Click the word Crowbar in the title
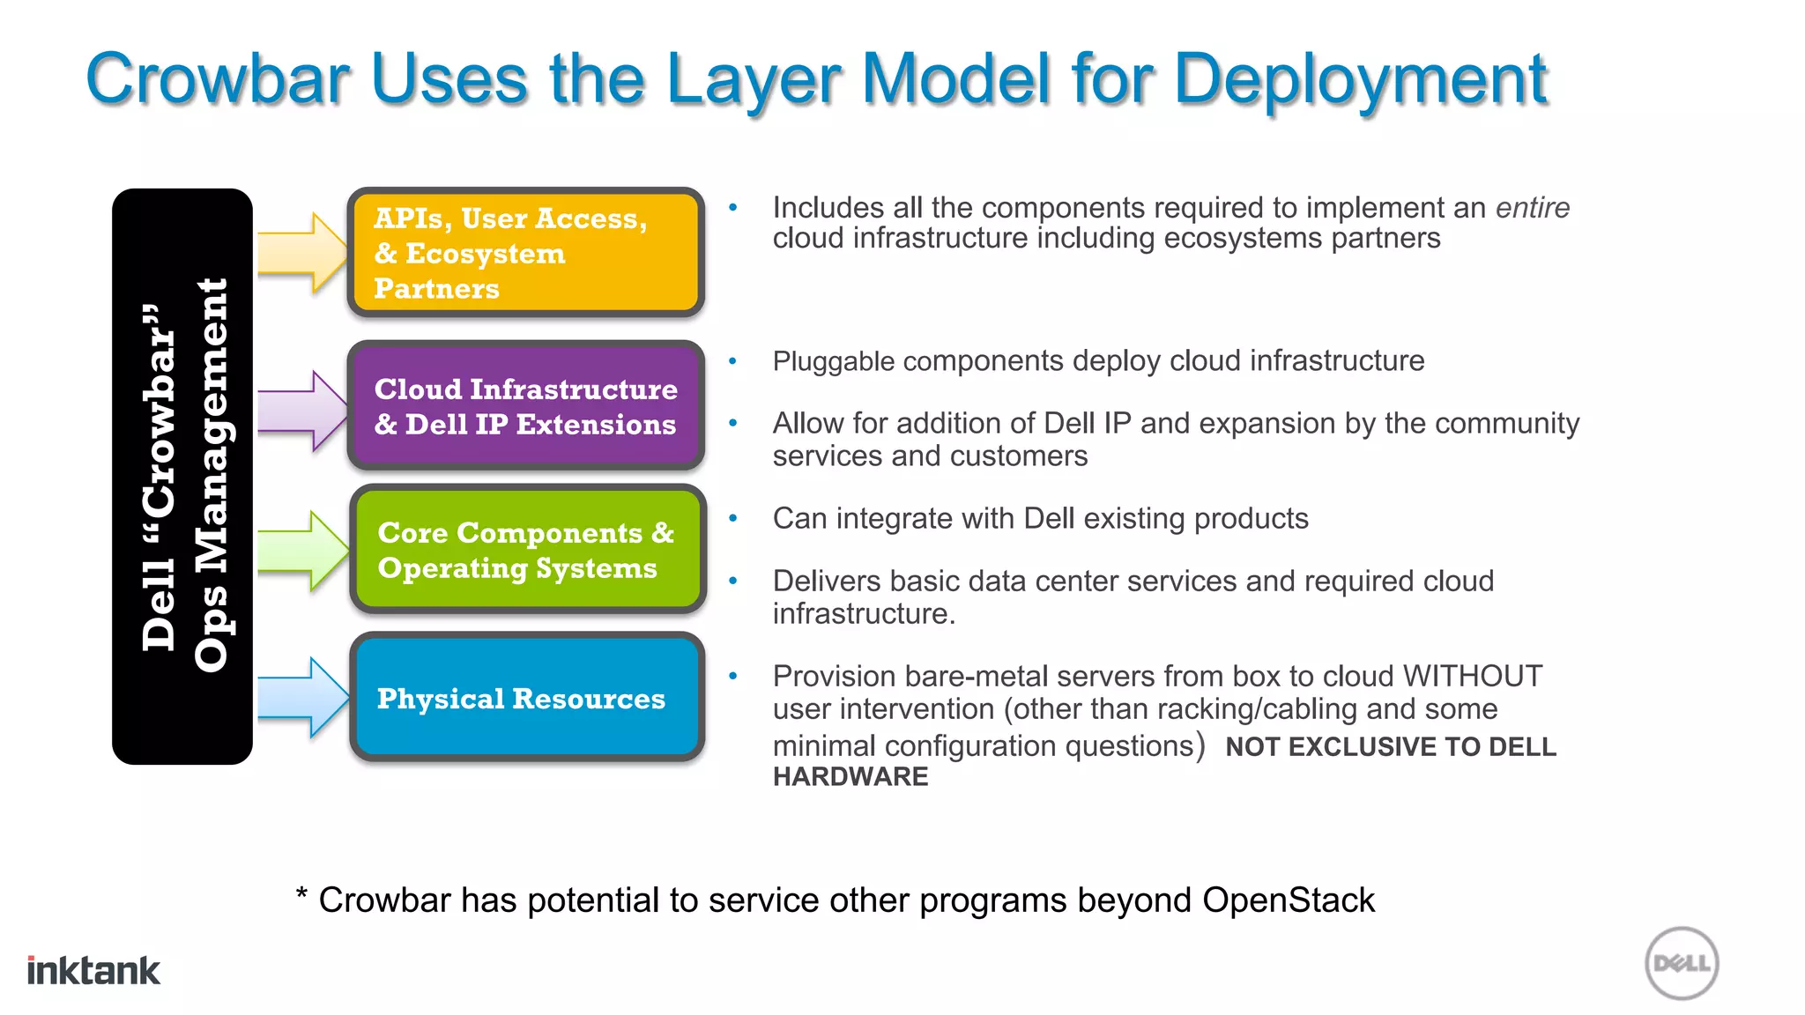pyautogui.click(x=218, y=79)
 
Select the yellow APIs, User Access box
pyautogui.click(x=525, y=253)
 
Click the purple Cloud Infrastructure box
pyautogui.click(x=525, y=406)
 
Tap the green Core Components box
pyautogui.click(x=527, y=550)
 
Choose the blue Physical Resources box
pyautogui.click(x=527, y=698)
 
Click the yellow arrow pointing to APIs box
pyautogui.click(x=302, y=253)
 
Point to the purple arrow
pyautogui.click(x=302, y=411)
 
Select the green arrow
pyautogui.click(x=302, y=551)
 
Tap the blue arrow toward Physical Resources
pyautogui.click(x=302, y=697)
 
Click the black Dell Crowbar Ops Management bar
pyautogui.click(x=182, y=477)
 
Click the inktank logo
pyautogui.click(x=93, y=970)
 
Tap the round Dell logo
pyautogui.click(x=1682, y=963)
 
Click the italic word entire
pyautogui.click(x=1532, y=208)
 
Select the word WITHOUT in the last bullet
pyautogui.click(x=1472, y=676)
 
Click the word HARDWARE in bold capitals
pyautogui.click(x=851, y=777)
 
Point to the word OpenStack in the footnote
pyautogui.click(x=1288, y=900)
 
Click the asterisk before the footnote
pyautogui.click(x=301, y=896)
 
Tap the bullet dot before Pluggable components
pyautogui.click(x=732, y=360)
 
